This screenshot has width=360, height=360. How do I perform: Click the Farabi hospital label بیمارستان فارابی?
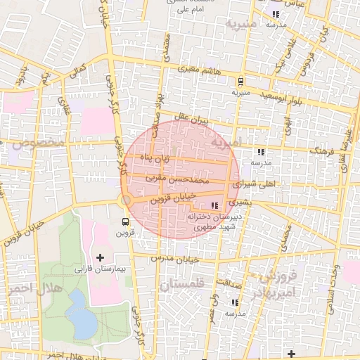click(99, 269)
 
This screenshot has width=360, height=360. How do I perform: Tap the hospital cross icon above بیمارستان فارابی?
click(99, 257)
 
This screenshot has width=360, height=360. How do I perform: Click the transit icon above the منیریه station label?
click(241, 81)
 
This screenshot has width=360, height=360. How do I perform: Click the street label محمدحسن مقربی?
click(178, 180)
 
